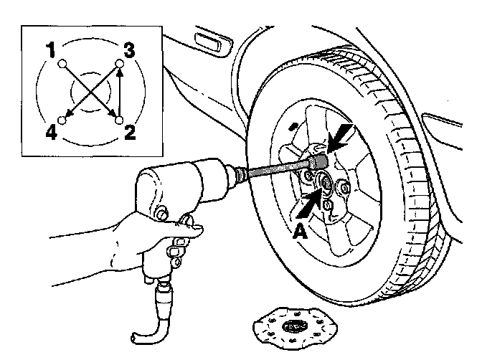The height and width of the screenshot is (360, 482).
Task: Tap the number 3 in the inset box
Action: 129,50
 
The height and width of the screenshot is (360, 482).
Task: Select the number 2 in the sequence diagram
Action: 130,131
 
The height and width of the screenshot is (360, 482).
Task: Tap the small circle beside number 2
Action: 119,118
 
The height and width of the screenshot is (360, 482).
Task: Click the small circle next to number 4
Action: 63,119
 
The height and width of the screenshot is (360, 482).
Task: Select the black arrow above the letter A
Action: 308,204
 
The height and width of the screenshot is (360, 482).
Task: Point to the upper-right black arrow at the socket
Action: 341,135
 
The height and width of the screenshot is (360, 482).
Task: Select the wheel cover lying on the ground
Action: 293,326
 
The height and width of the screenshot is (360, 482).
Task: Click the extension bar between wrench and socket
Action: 273,169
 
